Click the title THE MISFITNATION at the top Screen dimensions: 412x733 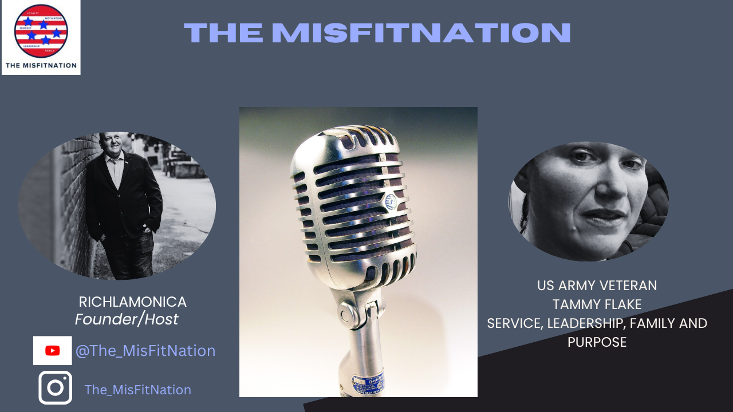(x=377, y=33)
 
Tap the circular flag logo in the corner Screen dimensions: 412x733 (x=41, y=30)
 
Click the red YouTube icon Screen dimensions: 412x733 (x=53, y=351)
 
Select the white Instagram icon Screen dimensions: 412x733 (x=55, y=387)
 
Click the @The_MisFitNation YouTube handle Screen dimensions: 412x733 (x=145, y=351)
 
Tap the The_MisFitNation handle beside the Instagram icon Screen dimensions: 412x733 (x=137, y=390)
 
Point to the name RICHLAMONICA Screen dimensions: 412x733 (x=132, y=302)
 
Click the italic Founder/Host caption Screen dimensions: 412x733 (x=127, y=319)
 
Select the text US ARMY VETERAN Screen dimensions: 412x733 (x=597, y=285)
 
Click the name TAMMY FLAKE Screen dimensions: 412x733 (x=597, y=304)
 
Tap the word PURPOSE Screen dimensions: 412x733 (x=597, y=342)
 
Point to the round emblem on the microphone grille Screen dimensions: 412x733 (x=391, y=201)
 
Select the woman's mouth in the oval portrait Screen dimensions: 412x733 (x=588, y=216)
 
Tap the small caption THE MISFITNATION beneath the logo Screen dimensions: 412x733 (x=41, y=65)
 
